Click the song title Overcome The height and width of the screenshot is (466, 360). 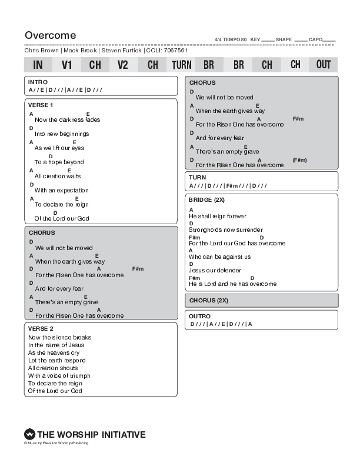point(50,35)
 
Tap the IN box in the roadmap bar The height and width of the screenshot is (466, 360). point(38,65)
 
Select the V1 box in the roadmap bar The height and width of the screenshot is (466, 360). point(66,65)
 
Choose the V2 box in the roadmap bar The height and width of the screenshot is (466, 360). point(122,65)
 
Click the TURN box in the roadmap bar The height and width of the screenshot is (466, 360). point(181,65)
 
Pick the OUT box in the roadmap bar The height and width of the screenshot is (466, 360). point(324,64)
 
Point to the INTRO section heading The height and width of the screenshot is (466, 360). point(38,82)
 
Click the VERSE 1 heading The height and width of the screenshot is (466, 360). point(41,105)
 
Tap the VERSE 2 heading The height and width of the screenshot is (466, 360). point(41,328)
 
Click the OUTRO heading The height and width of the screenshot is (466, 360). point(199,317)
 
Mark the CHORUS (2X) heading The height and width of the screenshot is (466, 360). point(208,300)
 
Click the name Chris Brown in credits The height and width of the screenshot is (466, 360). point(41,51)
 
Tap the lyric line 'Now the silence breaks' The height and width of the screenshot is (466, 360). point(59,337)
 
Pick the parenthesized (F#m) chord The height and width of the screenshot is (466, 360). point(299,160)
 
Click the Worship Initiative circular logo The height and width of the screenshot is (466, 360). point(29,435)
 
